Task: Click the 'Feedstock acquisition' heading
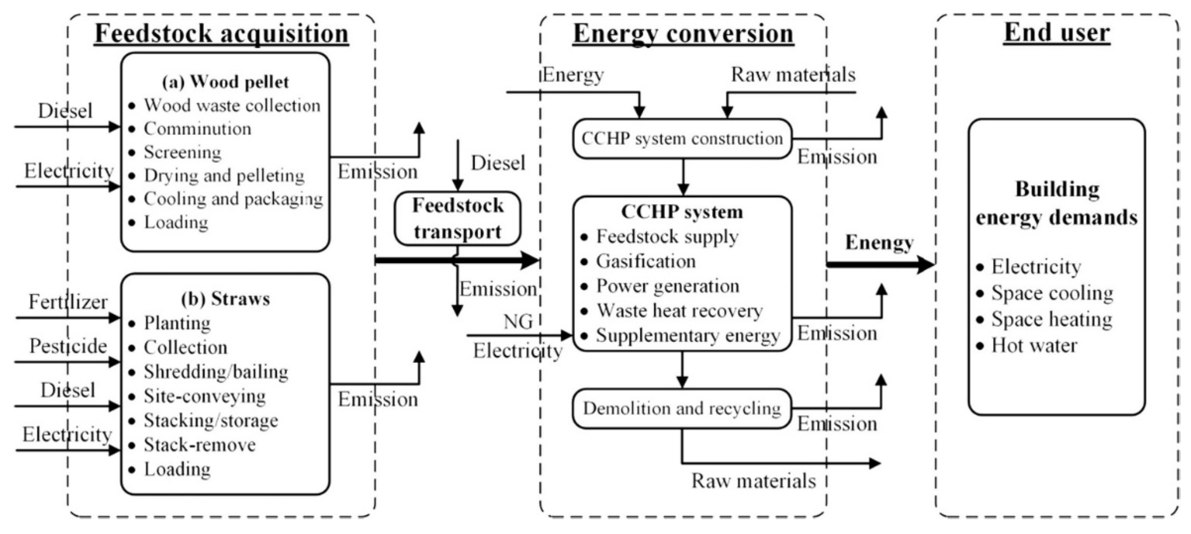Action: (221, 33)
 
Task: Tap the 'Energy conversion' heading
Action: (683, 33)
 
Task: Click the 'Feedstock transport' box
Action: (457, 218)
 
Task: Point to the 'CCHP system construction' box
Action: (682, 139)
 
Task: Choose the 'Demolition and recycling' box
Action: (682, 408)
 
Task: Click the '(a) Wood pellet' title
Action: (225, 82)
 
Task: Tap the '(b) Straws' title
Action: (225, 299)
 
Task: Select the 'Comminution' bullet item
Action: (198, 129)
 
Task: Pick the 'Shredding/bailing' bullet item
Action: (216, 372)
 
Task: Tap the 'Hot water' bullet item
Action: (1034, 346)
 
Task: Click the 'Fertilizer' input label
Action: (68, 302)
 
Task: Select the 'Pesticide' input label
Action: (68, 346)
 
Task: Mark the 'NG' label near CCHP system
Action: (518, 322)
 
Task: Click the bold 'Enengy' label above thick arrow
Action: (879, 243)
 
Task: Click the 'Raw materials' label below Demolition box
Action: (753, 481)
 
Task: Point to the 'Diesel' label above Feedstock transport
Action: (498, 163)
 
